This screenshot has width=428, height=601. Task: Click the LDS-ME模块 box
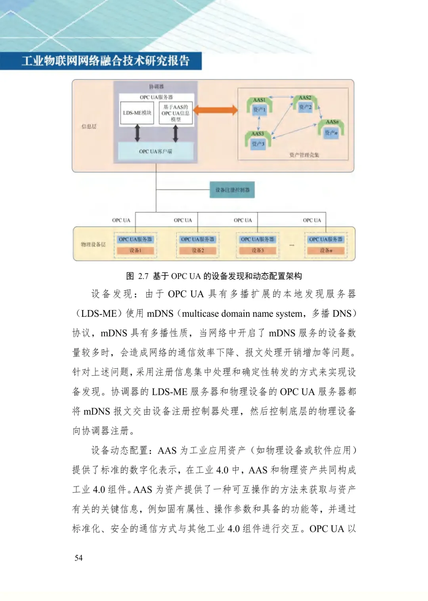coord(137,113)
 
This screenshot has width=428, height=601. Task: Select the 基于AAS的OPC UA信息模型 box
coord(176,113)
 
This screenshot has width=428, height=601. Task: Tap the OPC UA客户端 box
coord(156,151)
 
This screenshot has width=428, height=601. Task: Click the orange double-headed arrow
coord(216,110)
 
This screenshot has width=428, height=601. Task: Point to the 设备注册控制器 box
coord(232,190)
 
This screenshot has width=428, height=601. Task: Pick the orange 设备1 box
coord(135,251)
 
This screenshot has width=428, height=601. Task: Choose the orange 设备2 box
coord(197,251)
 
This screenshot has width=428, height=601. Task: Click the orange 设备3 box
coord(257,251)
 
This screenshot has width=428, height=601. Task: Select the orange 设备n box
coord(326,251)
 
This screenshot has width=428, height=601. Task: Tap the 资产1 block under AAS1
coord(260,109)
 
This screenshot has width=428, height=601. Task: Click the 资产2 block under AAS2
coord(305,107)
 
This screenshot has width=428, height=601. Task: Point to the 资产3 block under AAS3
coord(258,144)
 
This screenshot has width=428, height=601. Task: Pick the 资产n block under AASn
coord(331,132)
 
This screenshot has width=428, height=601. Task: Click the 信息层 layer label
coord(89,126)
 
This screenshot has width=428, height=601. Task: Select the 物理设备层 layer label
coord(93,245)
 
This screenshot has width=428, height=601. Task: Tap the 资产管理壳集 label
coord(304,155)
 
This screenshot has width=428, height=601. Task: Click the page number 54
coord(78,558)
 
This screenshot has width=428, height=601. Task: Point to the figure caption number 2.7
coord(143,276)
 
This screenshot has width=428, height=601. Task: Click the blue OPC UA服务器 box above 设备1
coord(135,239)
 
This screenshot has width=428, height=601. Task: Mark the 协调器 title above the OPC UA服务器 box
coord(156,86)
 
